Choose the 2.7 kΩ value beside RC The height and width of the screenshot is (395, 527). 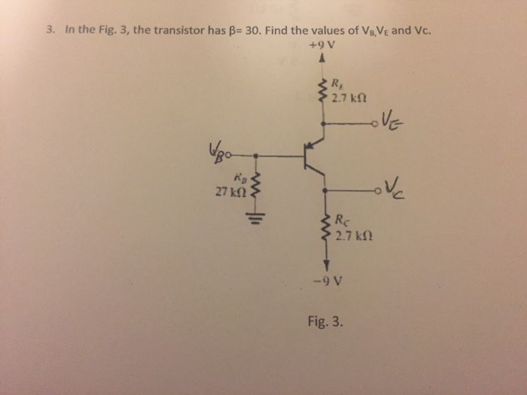pyautogui.click(x=352, y=235)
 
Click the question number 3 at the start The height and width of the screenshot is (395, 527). pyautogui.click(x=50, y=31)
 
